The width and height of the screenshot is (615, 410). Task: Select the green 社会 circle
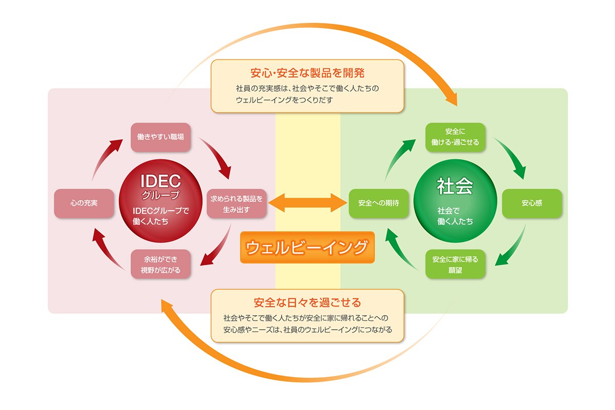455,202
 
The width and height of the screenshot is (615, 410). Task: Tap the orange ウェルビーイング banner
307,248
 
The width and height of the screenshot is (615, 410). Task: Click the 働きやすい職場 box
161,137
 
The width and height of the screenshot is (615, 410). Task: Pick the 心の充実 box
84,203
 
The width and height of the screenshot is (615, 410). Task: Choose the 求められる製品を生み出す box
236,203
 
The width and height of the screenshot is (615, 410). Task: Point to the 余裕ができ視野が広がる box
161,264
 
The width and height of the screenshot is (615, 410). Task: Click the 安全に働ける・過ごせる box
455,137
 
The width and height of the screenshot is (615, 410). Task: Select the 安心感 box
532,203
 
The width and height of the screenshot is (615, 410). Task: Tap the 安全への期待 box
378,203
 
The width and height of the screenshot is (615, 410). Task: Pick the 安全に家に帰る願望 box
455,264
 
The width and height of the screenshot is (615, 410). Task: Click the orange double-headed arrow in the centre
307,202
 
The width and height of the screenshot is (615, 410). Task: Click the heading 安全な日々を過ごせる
307,301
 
